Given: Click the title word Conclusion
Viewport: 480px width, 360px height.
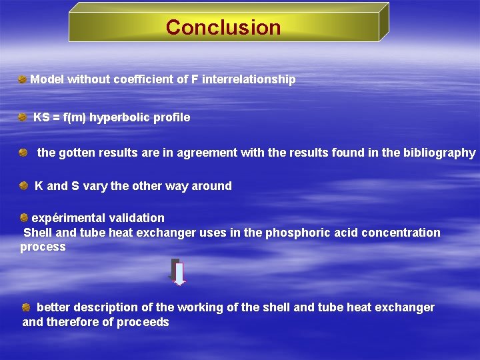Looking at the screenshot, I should [223, 27].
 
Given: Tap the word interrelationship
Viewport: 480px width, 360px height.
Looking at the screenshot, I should [249, 79].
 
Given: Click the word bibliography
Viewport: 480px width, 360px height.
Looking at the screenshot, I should [439, 153].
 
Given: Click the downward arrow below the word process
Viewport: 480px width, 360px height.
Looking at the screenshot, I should [178, 272].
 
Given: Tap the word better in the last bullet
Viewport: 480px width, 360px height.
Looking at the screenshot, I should [53, 307].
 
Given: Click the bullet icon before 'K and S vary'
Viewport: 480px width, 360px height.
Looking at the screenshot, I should [23, 186].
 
